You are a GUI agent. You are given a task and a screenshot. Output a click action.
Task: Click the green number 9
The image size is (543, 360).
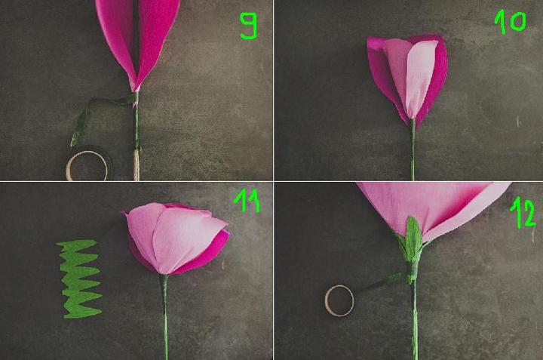(249, 26)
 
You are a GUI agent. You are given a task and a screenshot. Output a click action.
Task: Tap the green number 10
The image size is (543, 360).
(511, 21)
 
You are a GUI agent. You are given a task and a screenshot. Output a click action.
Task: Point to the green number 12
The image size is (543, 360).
(523, 213)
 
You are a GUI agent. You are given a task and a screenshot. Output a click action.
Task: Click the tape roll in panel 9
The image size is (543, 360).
(69, 166)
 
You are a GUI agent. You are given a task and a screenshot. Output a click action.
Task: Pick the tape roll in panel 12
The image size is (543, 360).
(327, 300)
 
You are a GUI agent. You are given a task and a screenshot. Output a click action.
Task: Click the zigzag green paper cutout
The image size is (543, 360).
(79, 279)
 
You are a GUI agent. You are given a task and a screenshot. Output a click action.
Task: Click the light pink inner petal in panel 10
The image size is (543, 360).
(412, 76)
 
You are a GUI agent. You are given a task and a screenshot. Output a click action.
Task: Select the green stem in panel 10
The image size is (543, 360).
(413, 149)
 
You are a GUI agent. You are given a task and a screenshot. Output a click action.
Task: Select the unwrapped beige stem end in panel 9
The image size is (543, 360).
(137, 165)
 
